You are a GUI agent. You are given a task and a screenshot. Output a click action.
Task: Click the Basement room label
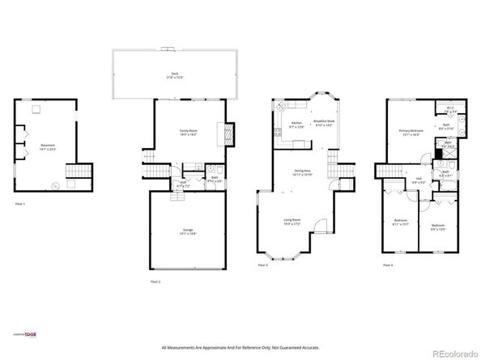(48, 146)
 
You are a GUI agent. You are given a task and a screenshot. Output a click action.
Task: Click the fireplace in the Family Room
(228, 133)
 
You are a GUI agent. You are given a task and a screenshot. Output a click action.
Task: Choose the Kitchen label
(296, 125)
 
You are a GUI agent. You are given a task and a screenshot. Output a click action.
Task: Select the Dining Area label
(303, 172)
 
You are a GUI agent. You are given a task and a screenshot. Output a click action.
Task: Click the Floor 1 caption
(19, 204)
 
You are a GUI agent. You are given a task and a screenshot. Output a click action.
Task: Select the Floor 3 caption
(263, 265)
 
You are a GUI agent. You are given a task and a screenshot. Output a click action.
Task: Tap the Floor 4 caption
(388, 265)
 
